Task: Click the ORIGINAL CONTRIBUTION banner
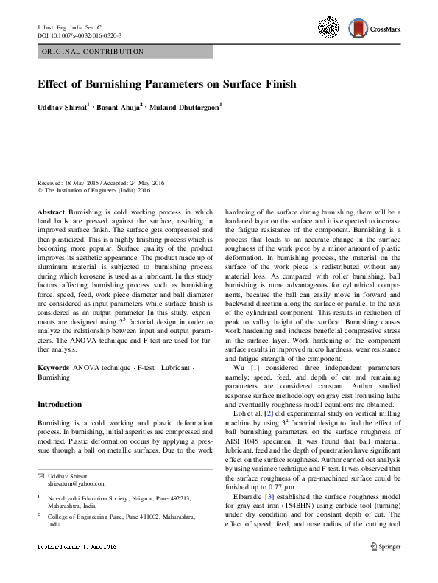[x=124, y=52]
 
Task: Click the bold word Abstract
[x=51, y=211]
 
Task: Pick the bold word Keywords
[x=53, y=366]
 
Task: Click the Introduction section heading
[x=59, y=405]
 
